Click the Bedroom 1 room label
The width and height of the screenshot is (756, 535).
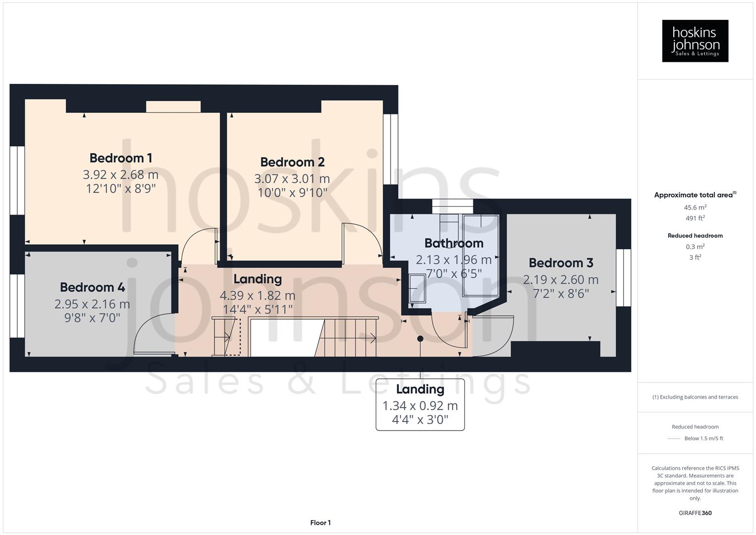(x=120, y=158)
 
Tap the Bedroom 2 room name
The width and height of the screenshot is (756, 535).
(x=292, y=162)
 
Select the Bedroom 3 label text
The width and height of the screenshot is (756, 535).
(x=560, y=263)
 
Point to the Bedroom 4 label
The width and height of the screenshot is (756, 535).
(x=92, y=287)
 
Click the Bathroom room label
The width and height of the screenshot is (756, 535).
(x=454, y=243)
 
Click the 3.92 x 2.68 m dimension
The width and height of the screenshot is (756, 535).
(x=120, y=175)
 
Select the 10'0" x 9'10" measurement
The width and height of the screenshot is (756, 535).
(x=292, y=193)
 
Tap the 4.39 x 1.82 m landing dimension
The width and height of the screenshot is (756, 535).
(x=257, y=296)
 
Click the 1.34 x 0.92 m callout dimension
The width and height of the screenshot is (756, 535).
(x=420, y=406)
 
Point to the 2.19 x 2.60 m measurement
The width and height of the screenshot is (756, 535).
(x=560, y=279)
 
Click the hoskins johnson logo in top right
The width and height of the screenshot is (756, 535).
(x=695, y=41)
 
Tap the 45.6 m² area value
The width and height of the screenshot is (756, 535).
(x=695, y=208)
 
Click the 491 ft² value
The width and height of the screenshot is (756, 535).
(x=695, y=218)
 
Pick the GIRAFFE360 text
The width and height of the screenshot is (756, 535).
(x=695, y=513)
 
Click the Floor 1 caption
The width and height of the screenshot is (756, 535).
(x=320, y=523)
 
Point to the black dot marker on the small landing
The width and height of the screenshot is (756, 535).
(x=420, y=339)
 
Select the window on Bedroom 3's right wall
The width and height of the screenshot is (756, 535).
(x=623, y=277)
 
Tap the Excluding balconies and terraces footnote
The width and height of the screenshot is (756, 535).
(x=695, y=397)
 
